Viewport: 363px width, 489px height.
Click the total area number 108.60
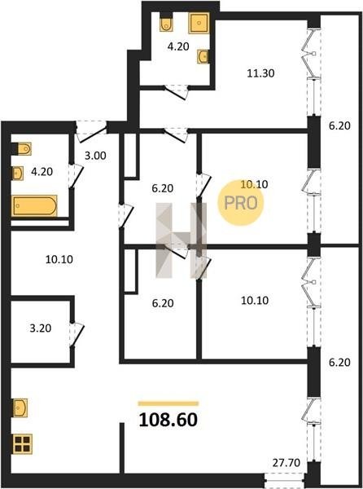pos(168,420)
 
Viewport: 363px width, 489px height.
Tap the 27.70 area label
pos(286,462)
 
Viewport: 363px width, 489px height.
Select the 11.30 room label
pos(261,73)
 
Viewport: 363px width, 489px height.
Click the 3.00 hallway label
pos(95,156)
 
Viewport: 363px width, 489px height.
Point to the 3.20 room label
pos(41,328)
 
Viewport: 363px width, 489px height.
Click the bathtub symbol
pos(35,205)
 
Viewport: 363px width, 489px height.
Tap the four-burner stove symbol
pos(23,444)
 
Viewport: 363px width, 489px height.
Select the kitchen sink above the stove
pos(20,407)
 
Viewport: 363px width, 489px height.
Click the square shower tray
pos(199,23)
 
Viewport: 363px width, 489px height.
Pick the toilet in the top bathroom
pos(166,24)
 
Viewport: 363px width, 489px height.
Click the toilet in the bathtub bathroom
pos(24,149)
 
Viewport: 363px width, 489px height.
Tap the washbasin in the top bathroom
pos(203,57)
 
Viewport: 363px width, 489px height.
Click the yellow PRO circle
pos(240,203)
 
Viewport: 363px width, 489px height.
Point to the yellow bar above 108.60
pos(168,403)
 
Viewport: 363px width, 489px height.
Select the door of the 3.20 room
pos(77,335)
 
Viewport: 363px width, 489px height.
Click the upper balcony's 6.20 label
pos(339,126)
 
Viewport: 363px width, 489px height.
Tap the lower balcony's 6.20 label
pos(339,363)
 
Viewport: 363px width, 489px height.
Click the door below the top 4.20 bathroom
pos(176,92)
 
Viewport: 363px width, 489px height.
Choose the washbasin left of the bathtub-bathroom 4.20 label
pos(18,173)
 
